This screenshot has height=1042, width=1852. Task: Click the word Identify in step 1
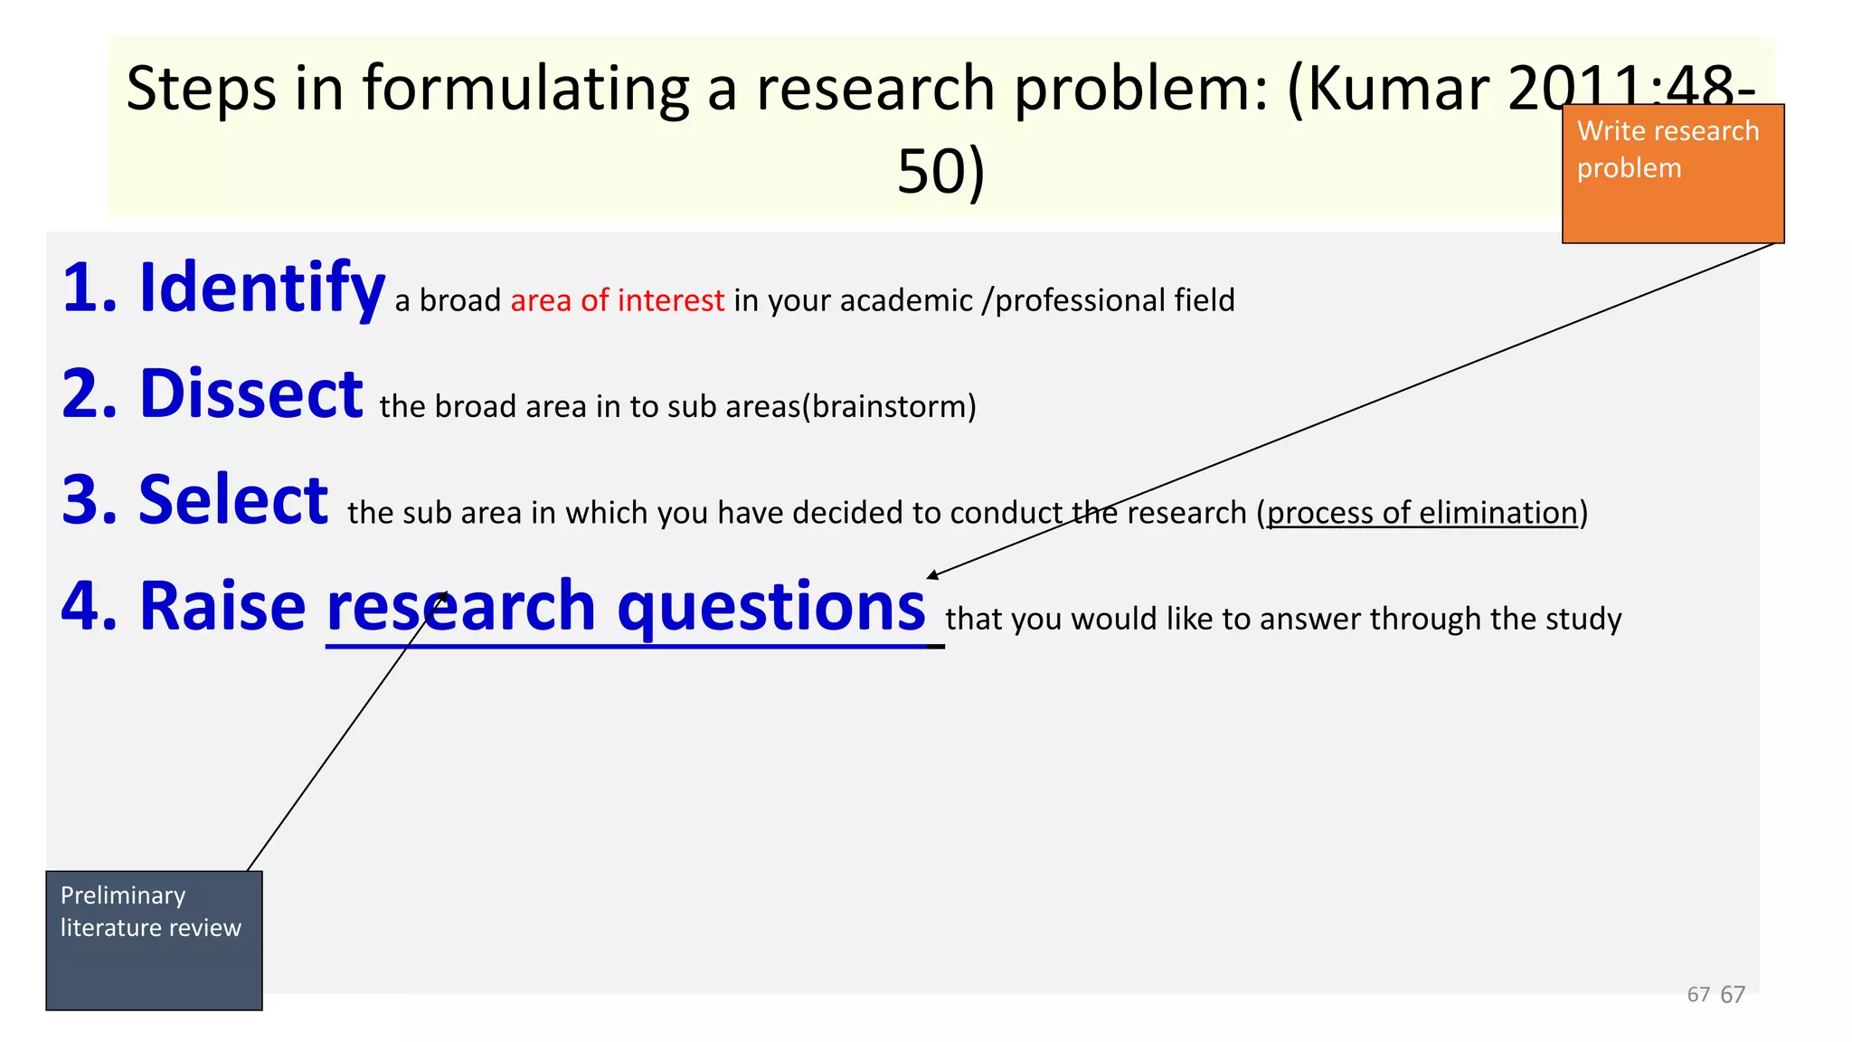click(261, 288)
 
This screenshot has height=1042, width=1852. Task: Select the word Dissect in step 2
click(250, 394)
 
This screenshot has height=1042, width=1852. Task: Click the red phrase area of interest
click(617, 300)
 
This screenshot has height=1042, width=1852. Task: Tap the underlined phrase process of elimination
click(1422, 513)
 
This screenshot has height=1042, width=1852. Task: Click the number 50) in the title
click(940, 172)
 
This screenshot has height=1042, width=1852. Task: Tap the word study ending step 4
click(1583, 620)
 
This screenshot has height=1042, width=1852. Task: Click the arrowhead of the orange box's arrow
click(932, 575)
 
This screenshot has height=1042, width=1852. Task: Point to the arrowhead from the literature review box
click(442, 598)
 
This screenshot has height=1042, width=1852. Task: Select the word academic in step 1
click(905, 300)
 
